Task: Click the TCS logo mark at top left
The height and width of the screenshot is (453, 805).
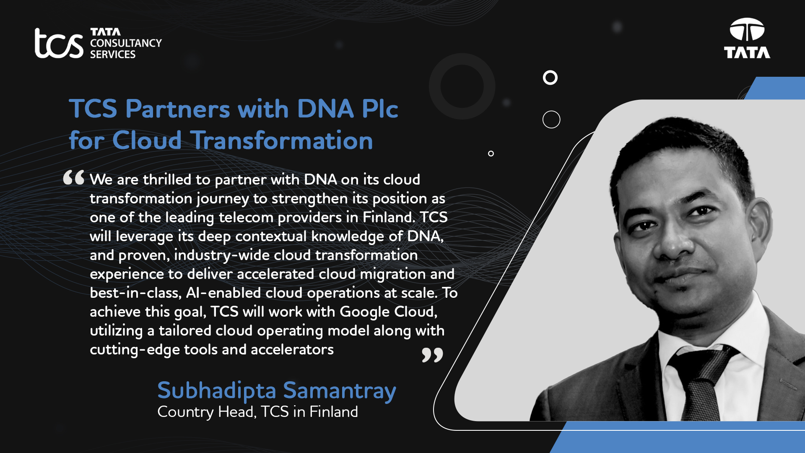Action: pos(59,43)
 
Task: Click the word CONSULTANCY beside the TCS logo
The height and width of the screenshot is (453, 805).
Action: pos(126,43)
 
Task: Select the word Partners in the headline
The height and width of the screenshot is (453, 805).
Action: pos(178,109)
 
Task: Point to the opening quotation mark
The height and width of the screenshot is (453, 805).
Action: pos(74,177)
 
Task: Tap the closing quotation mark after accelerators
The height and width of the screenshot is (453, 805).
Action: pos(432,355)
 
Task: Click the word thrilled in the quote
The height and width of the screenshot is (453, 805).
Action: pos(167,180)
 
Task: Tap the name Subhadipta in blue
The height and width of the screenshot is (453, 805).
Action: pos(217,391)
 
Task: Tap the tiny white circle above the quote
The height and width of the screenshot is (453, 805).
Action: pos(491,154)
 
